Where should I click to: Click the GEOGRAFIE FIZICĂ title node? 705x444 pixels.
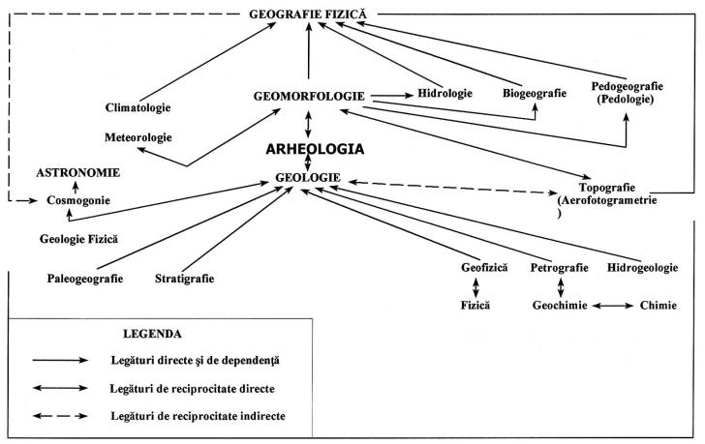(308, 15)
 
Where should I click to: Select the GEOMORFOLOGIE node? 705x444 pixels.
(309, 96)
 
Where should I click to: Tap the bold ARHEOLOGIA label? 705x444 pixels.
(315, 149)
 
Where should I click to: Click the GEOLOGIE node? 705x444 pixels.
(308, 178)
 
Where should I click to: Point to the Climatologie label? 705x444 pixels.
(138, 107)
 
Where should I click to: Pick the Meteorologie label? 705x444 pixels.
(138, 137)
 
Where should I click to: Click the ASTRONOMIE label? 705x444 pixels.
(78, 173)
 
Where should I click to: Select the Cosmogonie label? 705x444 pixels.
(78, 200)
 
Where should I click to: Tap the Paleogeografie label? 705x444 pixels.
(85, 279)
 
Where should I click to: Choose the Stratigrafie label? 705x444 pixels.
(184, 279)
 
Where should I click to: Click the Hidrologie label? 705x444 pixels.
(445, 94)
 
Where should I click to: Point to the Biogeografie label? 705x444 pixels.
(535, 94)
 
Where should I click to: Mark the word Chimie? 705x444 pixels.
(659, 306)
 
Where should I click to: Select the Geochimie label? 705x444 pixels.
(560, 306)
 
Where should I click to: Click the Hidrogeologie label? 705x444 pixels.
(642, 268)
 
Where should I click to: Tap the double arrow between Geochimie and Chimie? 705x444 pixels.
(612, 306)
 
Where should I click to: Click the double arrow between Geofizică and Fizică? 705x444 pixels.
(475, 287)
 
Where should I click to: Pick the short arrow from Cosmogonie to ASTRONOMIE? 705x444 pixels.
(76, 188)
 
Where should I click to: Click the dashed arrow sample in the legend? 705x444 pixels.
(60, 416)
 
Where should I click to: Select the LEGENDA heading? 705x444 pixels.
(152, 334)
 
